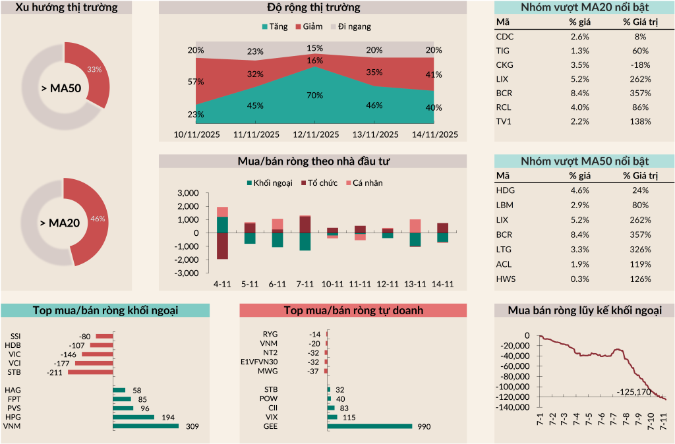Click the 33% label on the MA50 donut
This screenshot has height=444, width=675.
tap(94, 69)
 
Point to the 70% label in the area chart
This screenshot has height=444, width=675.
tap(314, 96)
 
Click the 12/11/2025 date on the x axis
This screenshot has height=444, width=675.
tap(316, 134)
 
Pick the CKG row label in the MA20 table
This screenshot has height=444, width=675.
tap(504, 65)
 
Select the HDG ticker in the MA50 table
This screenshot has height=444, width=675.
tap(505, 190)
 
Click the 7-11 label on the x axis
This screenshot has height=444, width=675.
tap(305, 285)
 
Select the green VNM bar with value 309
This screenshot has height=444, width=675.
tap(146, 426)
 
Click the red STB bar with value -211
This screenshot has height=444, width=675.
tap(91, 373)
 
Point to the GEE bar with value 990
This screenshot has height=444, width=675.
tap(369, 426)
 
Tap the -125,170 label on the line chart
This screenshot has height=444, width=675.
tap(633, 393)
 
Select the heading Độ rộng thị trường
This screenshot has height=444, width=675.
tap(312, 8)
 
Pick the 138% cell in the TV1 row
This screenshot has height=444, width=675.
tap(635, 121)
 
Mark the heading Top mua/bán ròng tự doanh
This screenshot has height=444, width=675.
tap(353, 310)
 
